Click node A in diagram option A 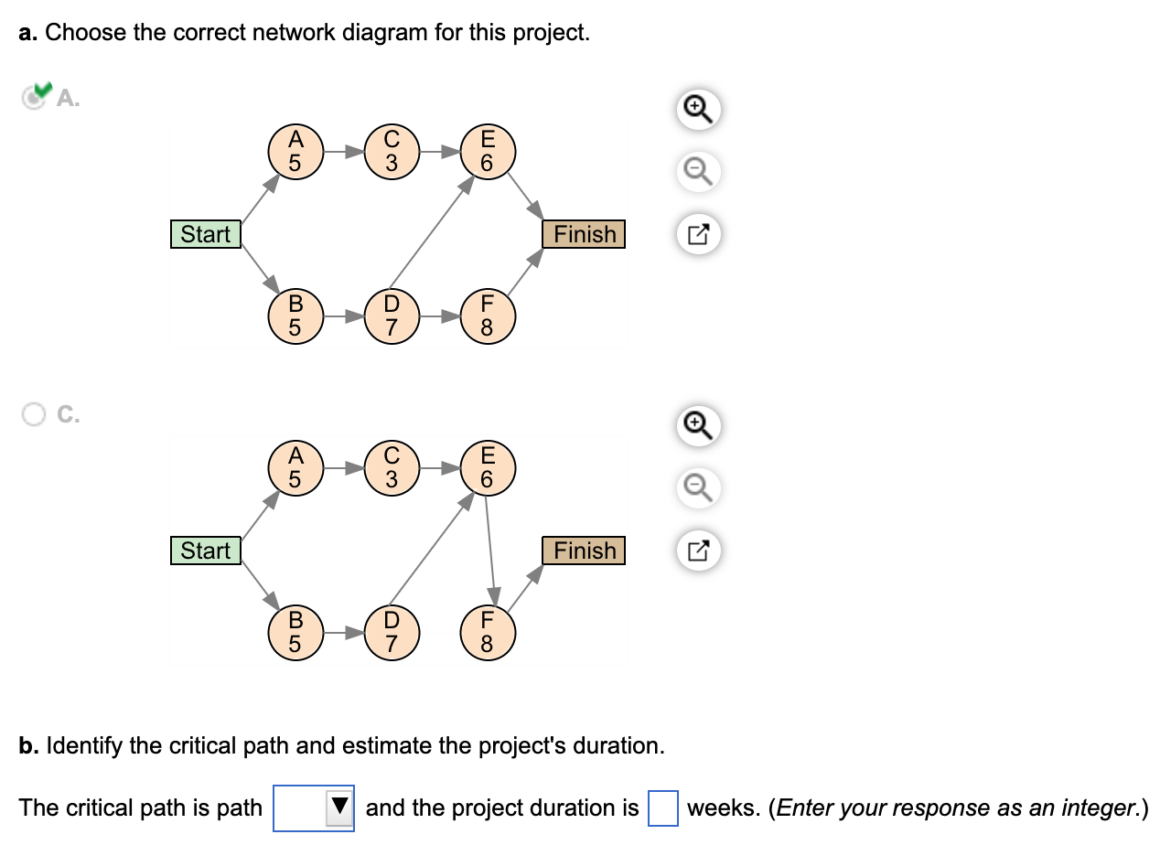pyautogui.click(x=295, y=152)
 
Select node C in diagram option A pyautogui.click(x=392, y=152)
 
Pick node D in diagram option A pyautogui.click(x=392, y=316)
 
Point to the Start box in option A pyautogui.click(x=206, y=234)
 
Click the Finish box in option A pyautogui.click(x=585, y=234)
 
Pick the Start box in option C pyautogui.click(x=206, y=551)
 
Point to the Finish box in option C pyautogui.click(x=585, y=551)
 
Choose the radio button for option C pyautogui.click(x=33, y=414)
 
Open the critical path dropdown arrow pyautogui.click(x=340, y=808)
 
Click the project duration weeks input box pyautogui.click(x=663, y=808)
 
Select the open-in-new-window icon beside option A pyautogui.click(x=699, y=235)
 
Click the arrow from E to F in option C pyautogui.click(x=489, y=549)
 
